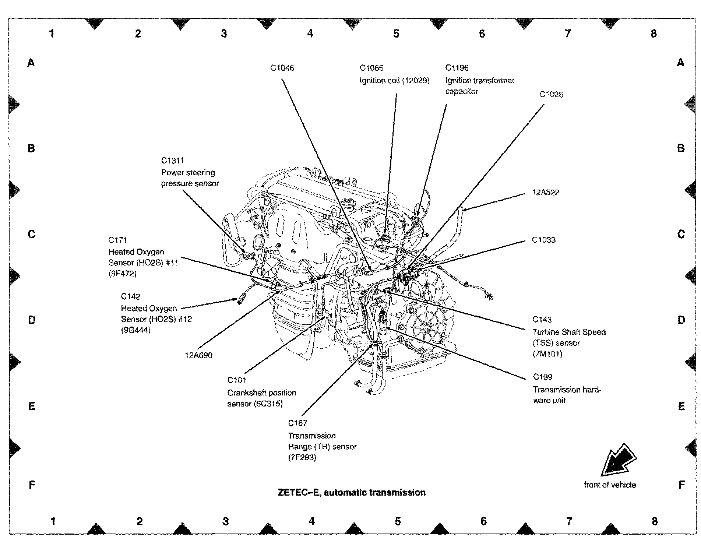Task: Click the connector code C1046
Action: pyautogui.click(x=282, y=68)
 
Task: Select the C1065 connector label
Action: pyautogui.click(x=371, y=68)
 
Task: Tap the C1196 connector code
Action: pyautogui.click(x=457, y=68)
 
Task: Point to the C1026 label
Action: pyautogui.click(x=551, y=94)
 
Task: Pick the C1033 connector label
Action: pyautogui.click(x=544, y=240)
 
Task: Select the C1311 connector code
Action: pyautogui.click(x=172, y=161)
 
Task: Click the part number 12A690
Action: pyautogui.click(x=198, y=355)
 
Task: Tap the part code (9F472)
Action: pyautogui.click(x=122, y=274)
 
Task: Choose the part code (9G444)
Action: pyautogui.click(x=135, y=330)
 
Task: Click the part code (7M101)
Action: pyautogui.click(x=547, y=354)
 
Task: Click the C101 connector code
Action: pyautogui.click(x=236, y=380)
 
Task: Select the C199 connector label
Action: pyautogui.click(x=543, y=377)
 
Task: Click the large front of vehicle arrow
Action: pyautogui.click(x=619, y=460)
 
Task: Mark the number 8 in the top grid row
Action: pyautogui.click(x=654, y=34)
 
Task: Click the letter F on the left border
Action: pyautogui.click(x=32, y=485)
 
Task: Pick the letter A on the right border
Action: pyautogui.click(x=680, y=63)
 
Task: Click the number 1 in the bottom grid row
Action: pyautogui.click(x=53, y=521)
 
